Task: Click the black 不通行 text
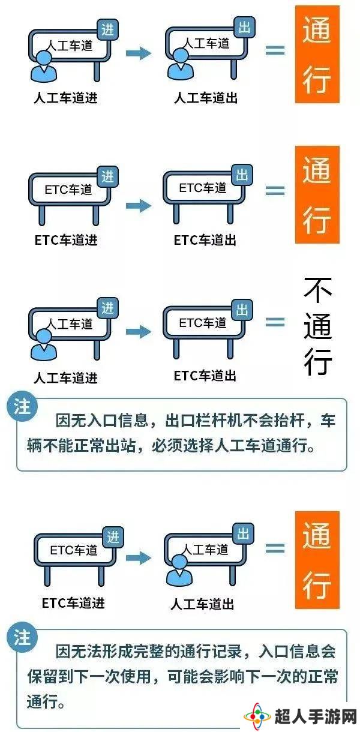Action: click(317, 326)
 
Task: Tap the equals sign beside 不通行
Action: click(275, 323)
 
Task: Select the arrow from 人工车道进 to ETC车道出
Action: click(139, 332)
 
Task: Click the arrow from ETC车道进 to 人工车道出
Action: click(139, 557)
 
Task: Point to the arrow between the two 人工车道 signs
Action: click(139, 53)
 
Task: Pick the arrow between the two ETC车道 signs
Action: click(139, 206)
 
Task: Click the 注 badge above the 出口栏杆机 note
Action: click(22, 407)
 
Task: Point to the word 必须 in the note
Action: click(166, 445)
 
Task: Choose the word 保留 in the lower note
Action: click(42, 676)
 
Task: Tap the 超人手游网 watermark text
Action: click(316, 716)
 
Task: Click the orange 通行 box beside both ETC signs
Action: click(317, 194)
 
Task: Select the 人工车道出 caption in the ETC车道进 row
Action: click(202, 603)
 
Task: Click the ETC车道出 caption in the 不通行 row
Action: click(205, 376)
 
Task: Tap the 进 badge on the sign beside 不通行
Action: click(108, 308)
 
